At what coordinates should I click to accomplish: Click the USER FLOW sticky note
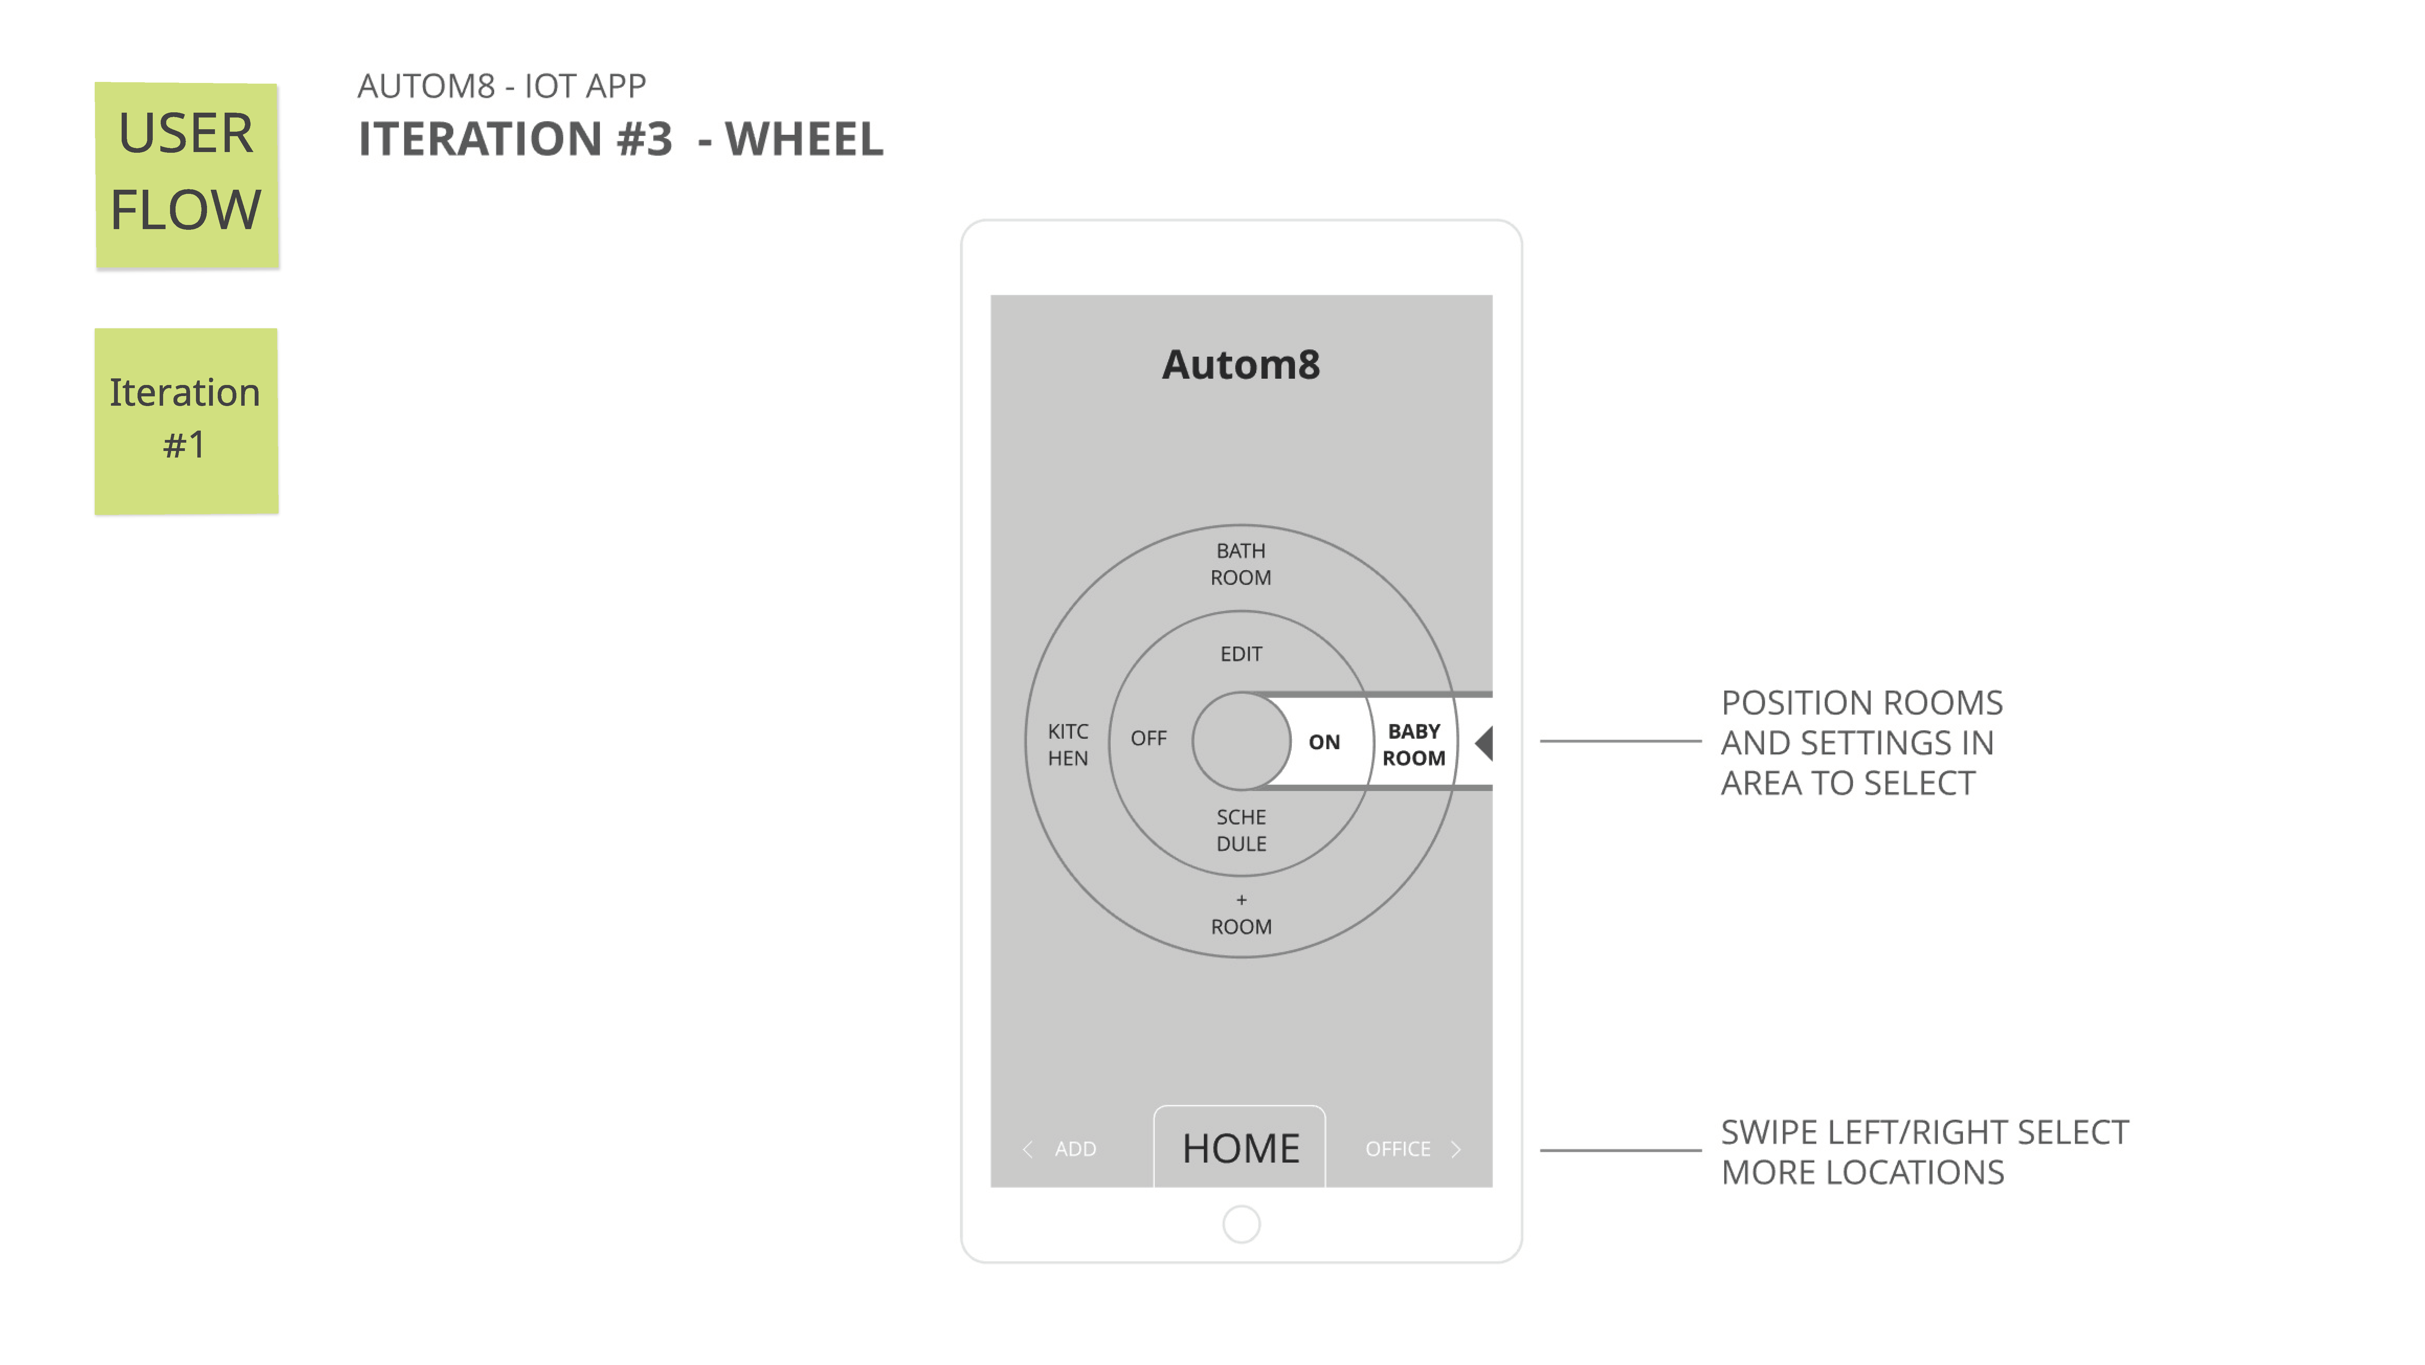tap(186, 175)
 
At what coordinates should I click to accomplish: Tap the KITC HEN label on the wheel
tap(1068, 745)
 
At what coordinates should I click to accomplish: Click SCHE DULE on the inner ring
tap(1241, 830)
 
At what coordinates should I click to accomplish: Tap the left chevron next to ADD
tap(1027, 1149)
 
